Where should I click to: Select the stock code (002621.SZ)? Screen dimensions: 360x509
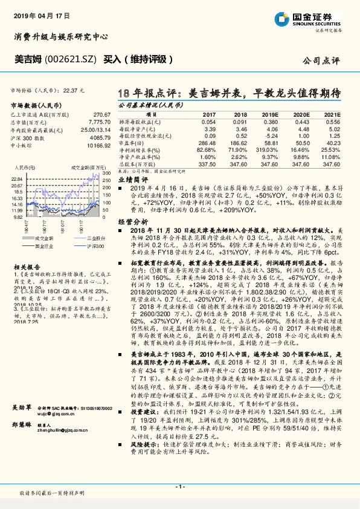click(69, 60)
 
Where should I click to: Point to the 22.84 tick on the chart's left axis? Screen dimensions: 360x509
click(16, 180)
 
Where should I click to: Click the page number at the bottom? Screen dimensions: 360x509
click(179, 486)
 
